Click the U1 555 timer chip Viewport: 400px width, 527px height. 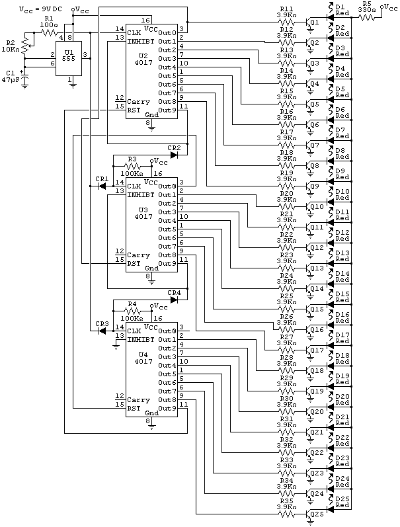pos(70,58)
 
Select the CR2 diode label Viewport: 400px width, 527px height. pos(174,147)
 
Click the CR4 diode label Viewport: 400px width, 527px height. pos(174,292)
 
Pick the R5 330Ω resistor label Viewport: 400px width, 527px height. pos(366,7)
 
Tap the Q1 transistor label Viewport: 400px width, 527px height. pos(314,21)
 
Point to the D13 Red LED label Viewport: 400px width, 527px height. pos(342,255)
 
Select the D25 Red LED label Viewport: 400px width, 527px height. pos(342,502)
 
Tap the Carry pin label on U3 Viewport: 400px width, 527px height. pos(138,255)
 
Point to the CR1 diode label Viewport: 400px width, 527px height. pos(101,179)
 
